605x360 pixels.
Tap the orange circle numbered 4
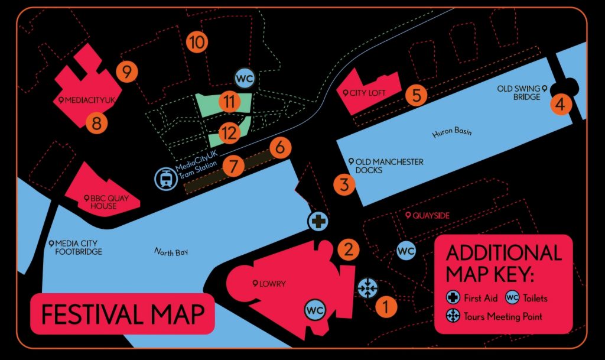point(560,105)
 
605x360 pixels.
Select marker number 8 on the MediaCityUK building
point(97,124)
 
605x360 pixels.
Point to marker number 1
point(386,306)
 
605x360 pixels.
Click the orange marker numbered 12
point(229,134)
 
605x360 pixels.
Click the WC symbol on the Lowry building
point(315,309)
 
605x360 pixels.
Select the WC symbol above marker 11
point(245,77)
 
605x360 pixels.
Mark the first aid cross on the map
point(318,222)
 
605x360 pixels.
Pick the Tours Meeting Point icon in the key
point(453,316)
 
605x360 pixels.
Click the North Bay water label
point(171,252)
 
